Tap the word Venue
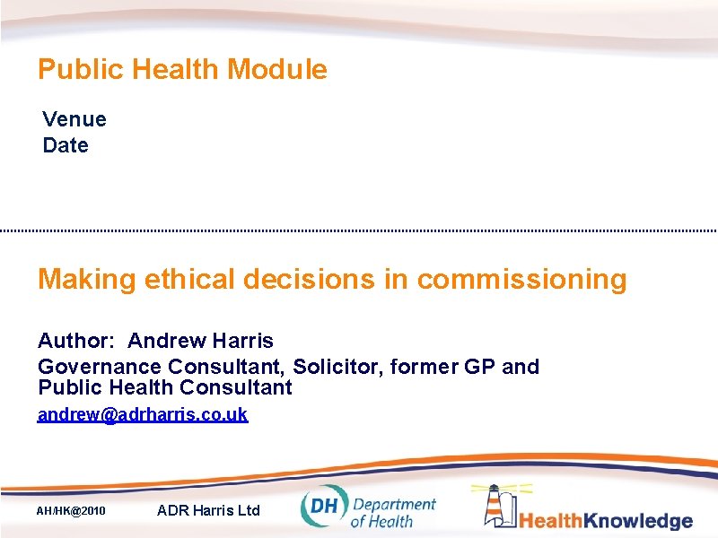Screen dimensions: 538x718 pos(74,119)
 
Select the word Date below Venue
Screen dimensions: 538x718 pos(66,145)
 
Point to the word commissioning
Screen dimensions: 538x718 pos(521,279)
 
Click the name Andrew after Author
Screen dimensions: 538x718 pos(167,341)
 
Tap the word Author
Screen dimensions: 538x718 pos(75,341)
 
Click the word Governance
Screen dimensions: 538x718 pos(100,367)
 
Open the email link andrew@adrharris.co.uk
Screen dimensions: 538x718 pos(143,415)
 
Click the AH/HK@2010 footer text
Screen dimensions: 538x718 pos(71,511)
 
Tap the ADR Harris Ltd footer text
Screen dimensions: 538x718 pos(208,510)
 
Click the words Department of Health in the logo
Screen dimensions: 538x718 pos(392,512)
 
